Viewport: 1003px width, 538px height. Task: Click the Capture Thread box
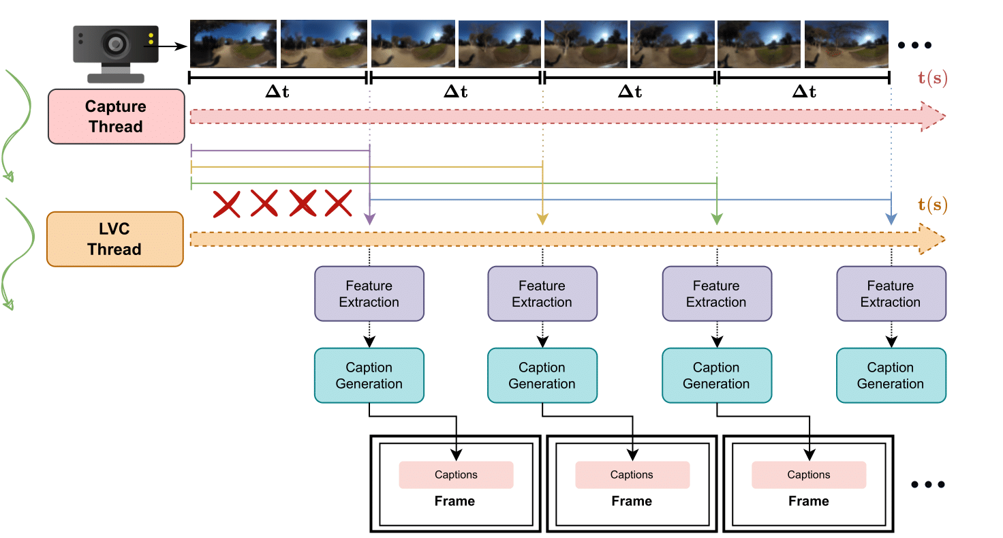coord(117,117)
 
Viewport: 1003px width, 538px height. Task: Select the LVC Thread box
coord(114,239)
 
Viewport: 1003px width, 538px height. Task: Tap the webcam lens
coord(115,44)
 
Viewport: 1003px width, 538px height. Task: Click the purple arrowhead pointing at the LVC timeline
coord(369,219)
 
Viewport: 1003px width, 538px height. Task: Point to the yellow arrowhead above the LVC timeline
coord(542,219)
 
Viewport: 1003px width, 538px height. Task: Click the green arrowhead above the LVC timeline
coord(717,219)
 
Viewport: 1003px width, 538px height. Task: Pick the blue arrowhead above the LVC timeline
coord(891,219)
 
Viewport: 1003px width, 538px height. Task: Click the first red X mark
coord(227,204)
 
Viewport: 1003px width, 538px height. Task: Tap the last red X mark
coord(337,204)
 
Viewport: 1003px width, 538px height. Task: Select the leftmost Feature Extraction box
coord(369,294)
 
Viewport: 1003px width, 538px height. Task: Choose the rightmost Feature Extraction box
coord(891,294)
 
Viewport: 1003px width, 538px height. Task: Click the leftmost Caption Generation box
coord(369,376)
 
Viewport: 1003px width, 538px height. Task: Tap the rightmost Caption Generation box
coord(891,376)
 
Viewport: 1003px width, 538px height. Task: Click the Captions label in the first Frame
coord(456,475)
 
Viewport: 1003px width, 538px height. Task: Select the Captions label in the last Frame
coord(809,475)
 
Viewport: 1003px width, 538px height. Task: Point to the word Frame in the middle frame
coord(632,501)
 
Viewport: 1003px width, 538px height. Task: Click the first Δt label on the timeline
coord(277,91)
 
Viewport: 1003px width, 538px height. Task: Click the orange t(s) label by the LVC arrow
coord(931,204)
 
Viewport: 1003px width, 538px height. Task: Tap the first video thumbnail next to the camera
coord(233,44)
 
